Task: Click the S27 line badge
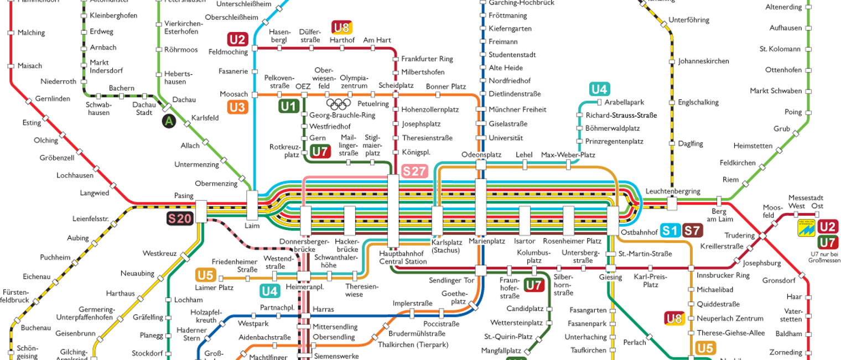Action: click(x=414, y=171)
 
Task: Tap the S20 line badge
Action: click(x=180, y=218)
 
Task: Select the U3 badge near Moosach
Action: click(x=237, y=107)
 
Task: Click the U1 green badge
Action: click(x=288, y=106)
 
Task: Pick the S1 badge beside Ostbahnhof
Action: click(x=670, y=231)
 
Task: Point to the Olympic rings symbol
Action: click(x=339, y=103)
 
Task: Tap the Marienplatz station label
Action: click(x=487, y=242)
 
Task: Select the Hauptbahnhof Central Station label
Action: click(x=403, y=257)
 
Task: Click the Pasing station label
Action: click(x=184, y=196)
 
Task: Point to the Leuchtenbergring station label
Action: click(x=672, y=191)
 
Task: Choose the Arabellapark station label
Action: click(x=624, y=102)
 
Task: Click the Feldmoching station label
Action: click(x=228, y=52)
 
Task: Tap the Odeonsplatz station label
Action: click(x=481, y=155)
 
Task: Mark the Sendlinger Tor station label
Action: click(x=451, y=280)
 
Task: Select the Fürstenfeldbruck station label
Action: click(x=14, y=296)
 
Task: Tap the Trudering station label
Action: click(x=739, y=235)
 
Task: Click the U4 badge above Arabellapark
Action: click(x=599, y=89)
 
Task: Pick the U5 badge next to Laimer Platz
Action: click(x=205, y=275)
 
